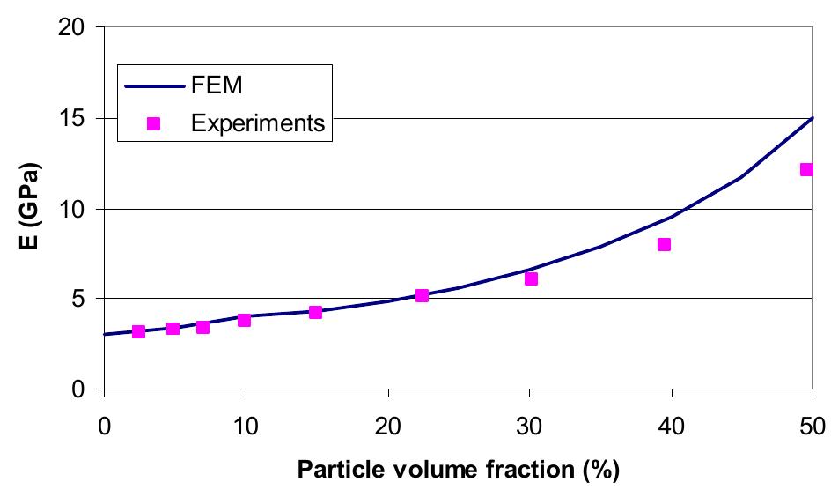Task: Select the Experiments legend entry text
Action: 257,123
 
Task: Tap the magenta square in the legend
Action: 153,124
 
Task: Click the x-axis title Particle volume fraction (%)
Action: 458,470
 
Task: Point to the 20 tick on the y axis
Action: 77,28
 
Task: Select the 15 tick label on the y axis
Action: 77,118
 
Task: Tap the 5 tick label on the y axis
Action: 83,299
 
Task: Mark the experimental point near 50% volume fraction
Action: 806,169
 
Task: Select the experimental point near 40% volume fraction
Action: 665,244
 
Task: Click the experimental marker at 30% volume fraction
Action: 531,278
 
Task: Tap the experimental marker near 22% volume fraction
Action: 422,295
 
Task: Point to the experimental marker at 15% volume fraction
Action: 315,312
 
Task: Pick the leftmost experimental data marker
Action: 138,331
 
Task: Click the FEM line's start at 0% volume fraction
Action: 105,334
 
